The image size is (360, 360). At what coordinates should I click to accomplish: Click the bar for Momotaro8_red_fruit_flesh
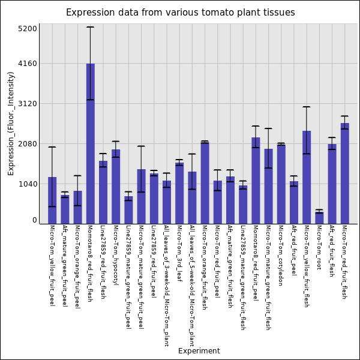click(x=90, y=143)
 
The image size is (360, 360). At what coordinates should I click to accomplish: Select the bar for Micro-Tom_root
click(x=319, y=218)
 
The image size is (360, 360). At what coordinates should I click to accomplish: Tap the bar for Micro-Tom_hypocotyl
click(x=116, y=187)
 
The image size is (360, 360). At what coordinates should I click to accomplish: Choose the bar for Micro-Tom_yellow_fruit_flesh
click(x=307, y=177)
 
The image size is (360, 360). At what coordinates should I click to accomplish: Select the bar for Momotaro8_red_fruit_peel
click(x=256, y=181)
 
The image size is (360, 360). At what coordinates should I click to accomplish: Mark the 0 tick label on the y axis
click(x=35, y=220)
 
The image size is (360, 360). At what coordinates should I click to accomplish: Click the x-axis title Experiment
click(x=199, y=351)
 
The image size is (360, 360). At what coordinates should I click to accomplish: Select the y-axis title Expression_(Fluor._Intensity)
click(x=11, y=123)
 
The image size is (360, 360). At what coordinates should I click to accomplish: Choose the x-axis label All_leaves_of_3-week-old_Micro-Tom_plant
click(x=167, y=286)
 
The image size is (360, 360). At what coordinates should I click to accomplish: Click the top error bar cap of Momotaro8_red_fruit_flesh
click(x=90, y=27)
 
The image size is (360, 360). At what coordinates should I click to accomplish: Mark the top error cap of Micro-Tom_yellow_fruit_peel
click(x=52, y=147)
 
